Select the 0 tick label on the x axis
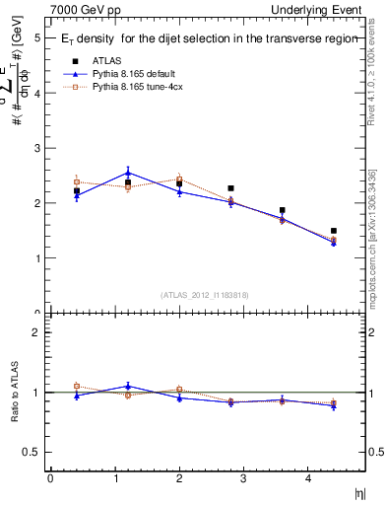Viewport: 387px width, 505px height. click(50, 478)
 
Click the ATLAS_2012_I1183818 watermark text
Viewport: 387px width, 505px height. click(204, 294)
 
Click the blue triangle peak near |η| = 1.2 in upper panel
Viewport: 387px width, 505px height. click(128, 173)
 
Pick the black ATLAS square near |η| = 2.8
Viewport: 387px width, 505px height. click(230, 188)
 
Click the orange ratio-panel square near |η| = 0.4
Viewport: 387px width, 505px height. click(77, 386)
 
